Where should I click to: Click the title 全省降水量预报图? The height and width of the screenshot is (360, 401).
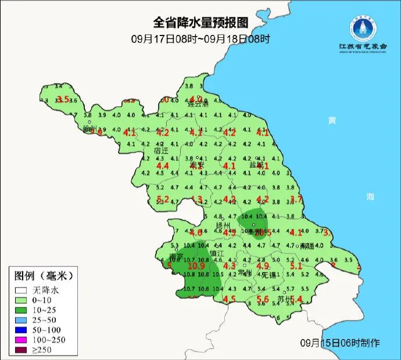201,23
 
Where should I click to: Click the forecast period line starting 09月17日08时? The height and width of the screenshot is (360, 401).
201,39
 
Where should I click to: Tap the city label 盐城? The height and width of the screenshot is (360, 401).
256,165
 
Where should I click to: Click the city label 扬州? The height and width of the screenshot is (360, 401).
223,225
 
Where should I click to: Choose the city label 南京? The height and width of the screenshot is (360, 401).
176,257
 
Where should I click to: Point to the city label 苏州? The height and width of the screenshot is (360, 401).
284,300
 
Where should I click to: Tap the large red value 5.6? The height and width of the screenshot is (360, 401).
263,300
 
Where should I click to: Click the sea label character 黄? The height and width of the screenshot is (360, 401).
331,120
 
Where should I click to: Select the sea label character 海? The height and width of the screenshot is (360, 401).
371,197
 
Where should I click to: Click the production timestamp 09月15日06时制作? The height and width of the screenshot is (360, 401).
340,343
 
